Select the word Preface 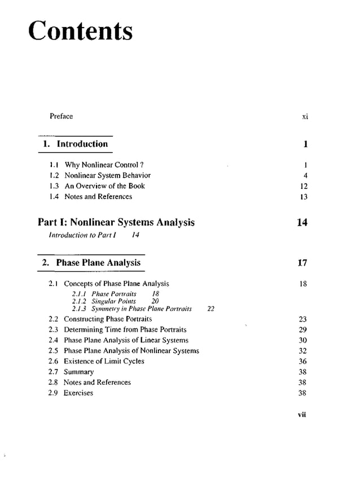coord(61,116)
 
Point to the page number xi coord(305,117)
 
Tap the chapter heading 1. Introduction coord(76,144)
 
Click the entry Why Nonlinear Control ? coord(102,165)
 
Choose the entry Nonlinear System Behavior coord(107,175)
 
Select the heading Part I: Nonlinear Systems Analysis coord(116,222)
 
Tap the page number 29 coord(302,330)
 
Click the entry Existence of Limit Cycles coord(104,362)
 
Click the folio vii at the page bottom coord(302,415)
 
